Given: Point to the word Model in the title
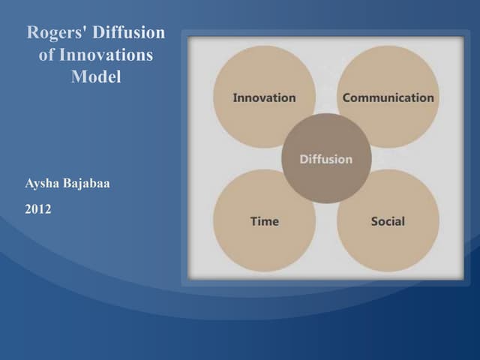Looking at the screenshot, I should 96,76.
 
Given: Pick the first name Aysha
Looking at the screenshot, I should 42,184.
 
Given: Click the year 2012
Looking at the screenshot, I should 37,209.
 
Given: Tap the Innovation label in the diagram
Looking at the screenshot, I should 264,97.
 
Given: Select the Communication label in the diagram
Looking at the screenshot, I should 388,97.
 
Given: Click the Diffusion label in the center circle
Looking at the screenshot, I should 325,159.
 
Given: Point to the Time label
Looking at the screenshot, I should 264,221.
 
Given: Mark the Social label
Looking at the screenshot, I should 388,221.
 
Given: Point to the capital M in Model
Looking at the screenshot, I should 78,76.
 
